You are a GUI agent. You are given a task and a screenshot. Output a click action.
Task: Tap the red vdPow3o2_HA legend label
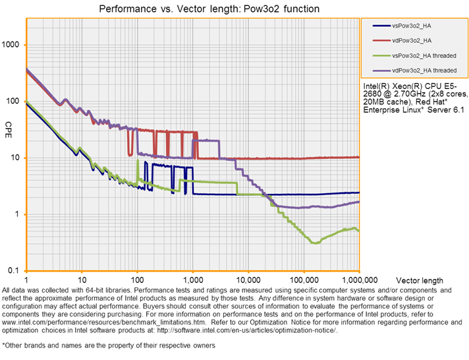click(411, 40)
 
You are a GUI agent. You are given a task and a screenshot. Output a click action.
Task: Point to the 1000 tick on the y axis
click(13, 45)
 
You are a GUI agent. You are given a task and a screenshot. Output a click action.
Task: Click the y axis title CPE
click(9, 125)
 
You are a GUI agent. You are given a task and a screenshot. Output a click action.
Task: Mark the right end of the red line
click(359, 157)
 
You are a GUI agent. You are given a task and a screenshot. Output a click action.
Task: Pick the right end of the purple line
click(359, 202)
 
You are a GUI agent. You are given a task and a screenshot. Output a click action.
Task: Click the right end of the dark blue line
click(359, 192)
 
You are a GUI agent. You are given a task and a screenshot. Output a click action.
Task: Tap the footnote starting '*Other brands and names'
click(109, 345)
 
